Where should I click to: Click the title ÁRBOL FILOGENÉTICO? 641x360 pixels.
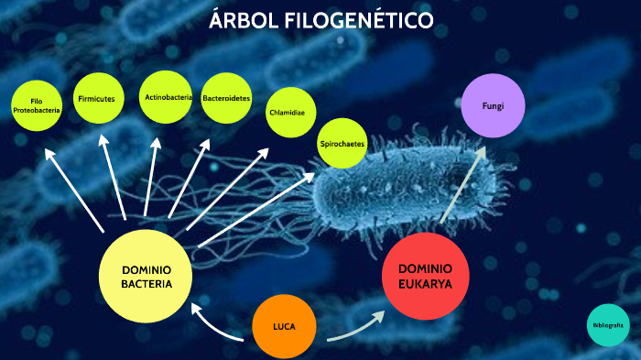[x=320, y=19]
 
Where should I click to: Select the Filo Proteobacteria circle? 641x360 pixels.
[x=37, y=105]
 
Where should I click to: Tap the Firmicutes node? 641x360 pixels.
[x=97, y=98]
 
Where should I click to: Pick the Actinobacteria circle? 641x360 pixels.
[x=167, y=97]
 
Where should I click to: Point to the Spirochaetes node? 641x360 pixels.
[x=342, y=145]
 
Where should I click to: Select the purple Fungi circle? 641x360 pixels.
[x=493, y=106]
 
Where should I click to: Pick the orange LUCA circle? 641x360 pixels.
[x=283, y=327]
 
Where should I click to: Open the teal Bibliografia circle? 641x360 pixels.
[x=608, y=325]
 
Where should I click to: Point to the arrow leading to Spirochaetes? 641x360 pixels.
[x=256, y=208]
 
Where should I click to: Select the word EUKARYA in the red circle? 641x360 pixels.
[x=425, y=283]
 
